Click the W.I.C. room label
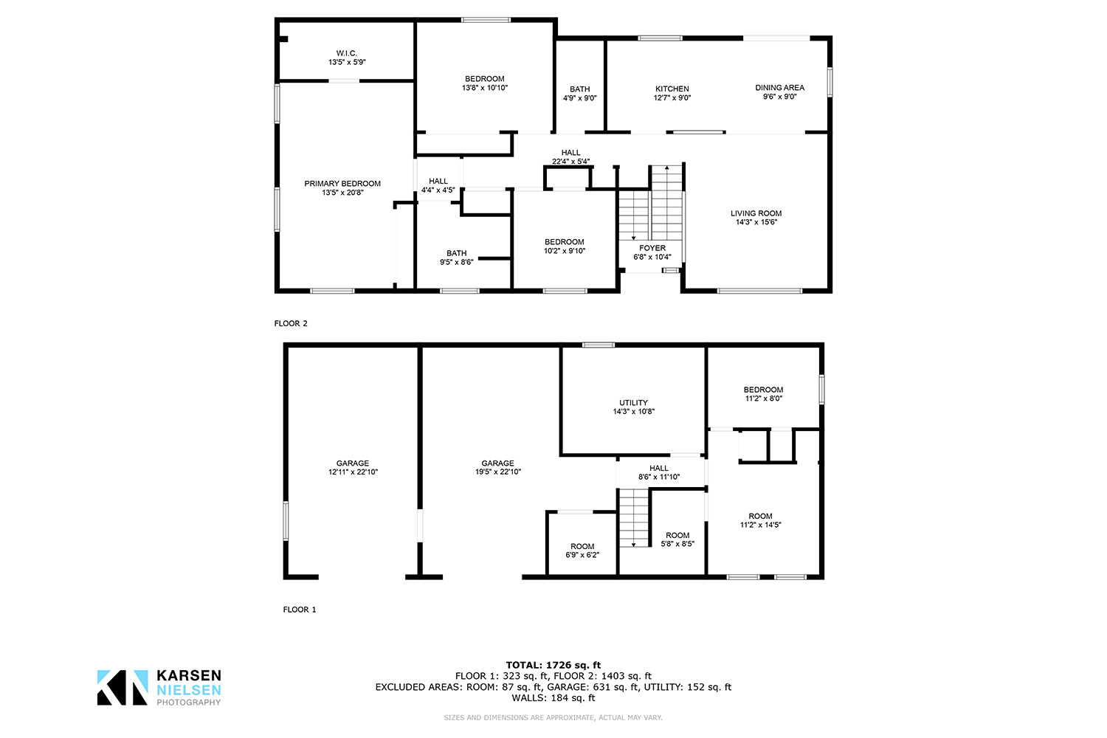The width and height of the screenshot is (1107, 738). pyautogui.click(x=346, y=53)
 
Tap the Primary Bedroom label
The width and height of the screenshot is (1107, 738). pyautogui.click(x=342, y=184)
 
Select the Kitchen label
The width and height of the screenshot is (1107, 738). pyautogui.click(x=672, y=89)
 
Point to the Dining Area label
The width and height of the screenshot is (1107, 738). pyautogui.click(x=780, y=88)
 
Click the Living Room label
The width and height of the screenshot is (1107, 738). pyautogui.click(x=756, y=213)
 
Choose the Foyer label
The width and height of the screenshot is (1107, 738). pyautogui.click(x=652, y=248)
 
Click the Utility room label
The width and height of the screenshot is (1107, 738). pyautogui.click(x=633, y=403)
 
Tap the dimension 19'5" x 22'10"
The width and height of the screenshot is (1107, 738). pyautogui.click(x=498, y=472)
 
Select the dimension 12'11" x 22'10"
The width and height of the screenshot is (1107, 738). pyautogui.click(x=353, y=472)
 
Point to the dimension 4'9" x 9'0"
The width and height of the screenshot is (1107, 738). pyautogui.click(x=579, y=98)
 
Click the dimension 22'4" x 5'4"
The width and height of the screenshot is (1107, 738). pyautogui.click(x=570, y=162)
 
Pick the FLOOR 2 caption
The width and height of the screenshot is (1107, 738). pyautogui.click(x=291, y=324)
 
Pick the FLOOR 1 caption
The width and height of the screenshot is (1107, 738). pyautogui.click(x=300, y=610)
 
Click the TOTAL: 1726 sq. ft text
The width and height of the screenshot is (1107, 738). pyautogui.click(x=553, y=666)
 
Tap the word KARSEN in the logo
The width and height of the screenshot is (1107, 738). pyautogui.click(x=189, y=676)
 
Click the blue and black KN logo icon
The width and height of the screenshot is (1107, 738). pyautogui.click(x=123, y=688)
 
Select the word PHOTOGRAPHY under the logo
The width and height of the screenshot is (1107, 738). pyautogui.click(x=189, y=703)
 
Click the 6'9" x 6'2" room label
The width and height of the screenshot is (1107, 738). pyautogui.click(x=582, y=555)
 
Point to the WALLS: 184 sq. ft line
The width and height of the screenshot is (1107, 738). pyautogui.click(x=553, y=698)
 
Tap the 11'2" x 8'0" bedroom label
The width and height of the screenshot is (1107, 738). pyautogui.click(x=764, y=399)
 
